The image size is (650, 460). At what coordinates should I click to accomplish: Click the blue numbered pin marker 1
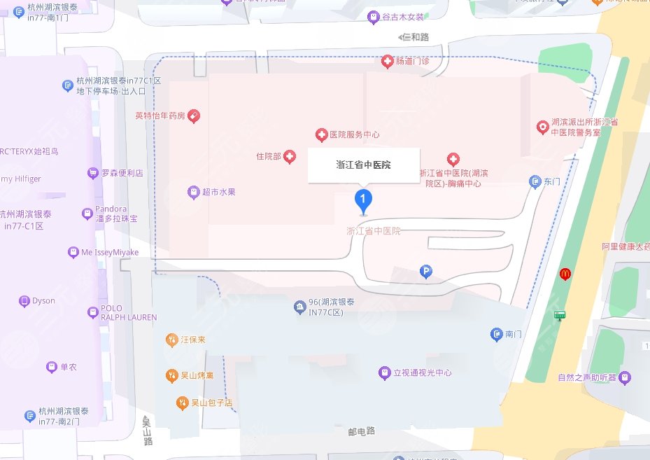(362, 201)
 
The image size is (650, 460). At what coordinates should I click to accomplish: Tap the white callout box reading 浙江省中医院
(364, 166)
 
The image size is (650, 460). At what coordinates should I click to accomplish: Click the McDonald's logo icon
(565, 274)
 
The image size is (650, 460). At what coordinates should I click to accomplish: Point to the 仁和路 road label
(414, 36)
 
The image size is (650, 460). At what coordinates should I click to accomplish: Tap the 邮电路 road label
(362, 431)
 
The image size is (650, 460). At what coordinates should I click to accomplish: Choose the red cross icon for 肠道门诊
(387, 62)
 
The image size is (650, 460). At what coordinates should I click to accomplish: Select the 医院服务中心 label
(354, 134)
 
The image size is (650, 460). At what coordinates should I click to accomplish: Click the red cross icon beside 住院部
(288, 157)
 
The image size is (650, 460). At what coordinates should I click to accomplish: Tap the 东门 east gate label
(552, 182)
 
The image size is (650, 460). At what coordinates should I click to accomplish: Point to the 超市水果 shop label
(219, 192)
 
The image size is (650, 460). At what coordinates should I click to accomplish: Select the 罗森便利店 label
(122, 173)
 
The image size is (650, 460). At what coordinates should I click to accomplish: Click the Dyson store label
(43, 301)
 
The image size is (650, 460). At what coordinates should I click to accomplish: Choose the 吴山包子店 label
(212, 403)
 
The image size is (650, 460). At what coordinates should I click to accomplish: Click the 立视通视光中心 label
(422, 373)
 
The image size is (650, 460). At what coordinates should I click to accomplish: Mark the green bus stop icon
(560, 315)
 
